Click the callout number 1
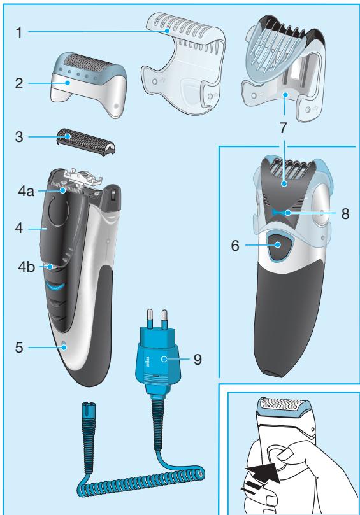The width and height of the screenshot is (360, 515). (21, 31)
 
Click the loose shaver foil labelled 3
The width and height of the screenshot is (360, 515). (83, 139)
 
